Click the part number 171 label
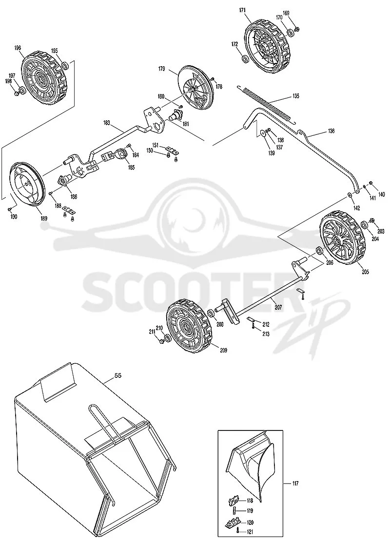pos(242,10)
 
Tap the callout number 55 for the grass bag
pos(117,376)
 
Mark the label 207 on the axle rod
pos(278,307)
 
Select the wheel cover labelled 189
pos(26,185)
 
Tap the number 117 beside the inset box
pos(294,483)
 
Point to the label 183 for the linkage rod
pos(106,122)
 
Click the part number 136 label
pos(331,131)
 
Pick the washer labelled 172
pos(245,59)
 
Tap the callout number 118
pos(250,501)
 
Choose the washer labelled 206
pos(319,251)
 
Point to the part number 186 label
pos(74,197)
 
